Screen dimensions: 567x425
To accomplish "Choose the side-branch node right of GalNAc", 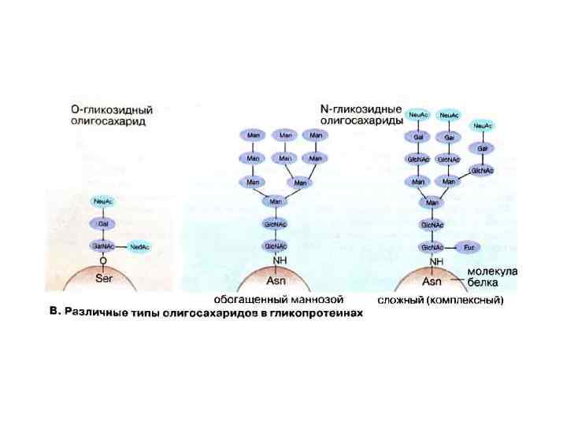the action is [x=140, y=247].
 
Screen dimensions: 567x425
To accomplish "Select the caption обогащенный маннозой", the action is [x=280, y=299].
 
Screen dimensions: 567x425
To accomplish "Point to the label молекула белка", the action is [x=492, y=276].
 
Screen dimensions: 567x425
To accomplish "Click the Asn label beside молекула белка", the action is [x=432, y=280].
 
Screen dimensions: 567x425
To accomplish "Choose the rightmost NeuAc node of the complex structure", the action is [x=482, y=126].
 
